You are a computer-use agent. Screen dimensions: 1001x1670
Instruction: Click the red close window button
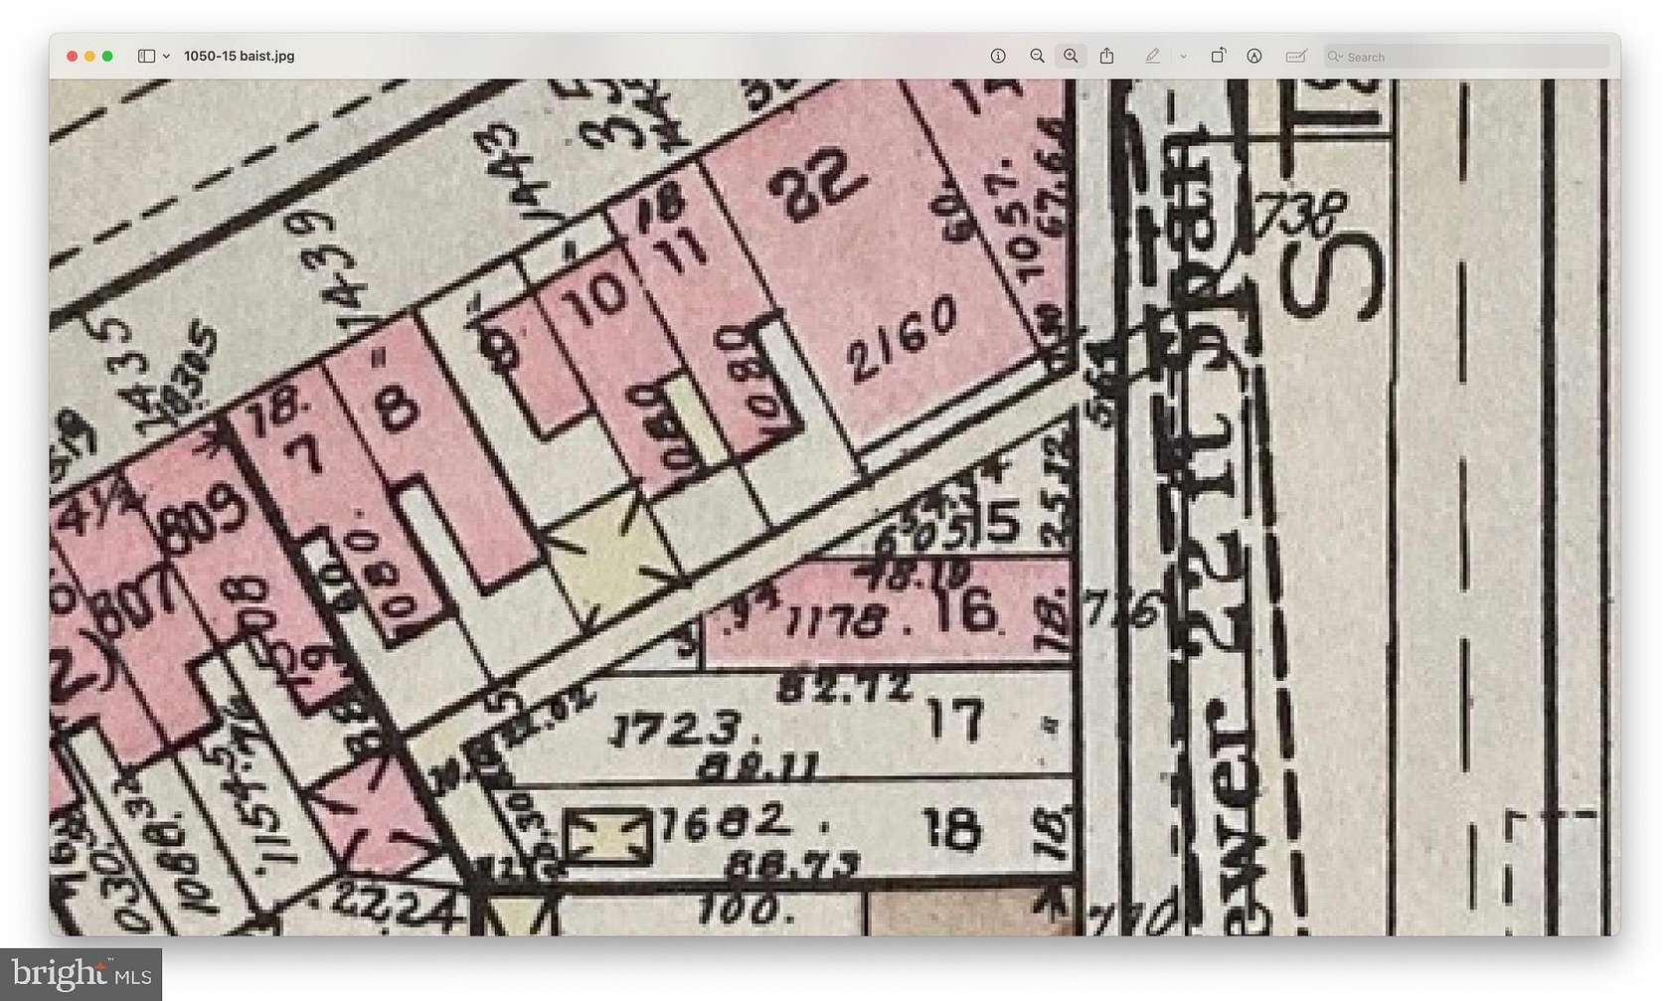[x=72, y=57]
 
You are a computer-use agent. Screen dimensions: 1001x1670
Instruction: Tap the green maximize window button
[x=107, y=57]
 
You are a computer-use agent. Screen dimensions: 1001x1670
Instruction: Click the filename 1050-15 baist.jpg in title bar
[x=239, y=57]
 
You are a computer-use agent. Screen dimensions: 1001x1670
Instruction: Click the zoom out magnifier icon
[x=1037, y=57]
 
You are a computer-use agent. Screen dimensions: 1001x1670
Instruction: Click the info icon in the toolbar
[x=998, y=57]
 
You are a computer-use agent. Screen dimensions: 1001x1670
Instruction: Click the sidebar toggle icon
[x=146, y=57]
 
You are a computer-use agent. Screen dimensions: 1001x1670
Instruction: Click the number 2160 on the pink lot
[x=903, y=338]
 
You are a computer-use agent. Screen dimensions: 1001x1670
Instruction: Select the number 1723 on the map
[x=676, y=731]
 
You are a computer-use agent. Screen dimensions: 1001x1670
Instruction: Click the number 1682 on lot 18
[x=723, y=821]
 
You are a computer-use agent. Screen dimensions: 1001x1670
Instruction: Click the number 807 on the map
[x=130, y=600]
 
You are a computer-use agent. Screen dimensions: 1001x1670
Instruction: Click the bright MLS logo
[x=81, y=973]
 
